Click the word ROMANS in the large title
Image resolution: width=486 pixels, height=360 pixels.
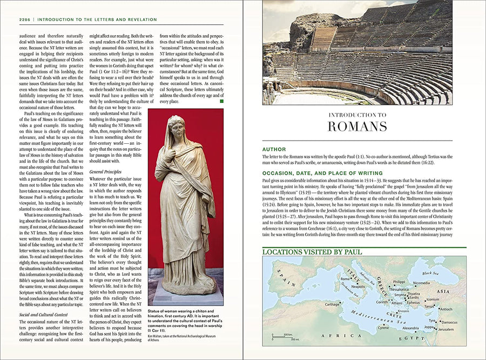[x=357, y=126]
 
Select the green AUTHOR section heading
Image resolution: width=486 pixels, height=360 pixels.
[x=275, y=149]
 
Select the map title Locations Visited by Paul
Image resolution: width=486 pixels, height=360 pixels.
[x=312, y=252]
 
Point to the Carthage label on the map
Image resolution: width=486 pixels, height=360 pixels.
[x=333, y=304]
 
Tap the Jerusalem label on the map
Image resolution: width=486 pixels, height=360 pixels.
[x=446, y=329]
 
